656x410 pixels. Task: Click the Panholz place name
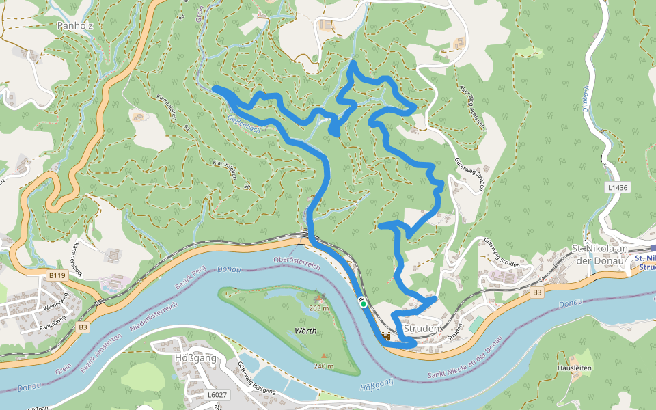[x=75, y=25]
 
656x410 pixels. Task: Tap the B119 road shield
[x=57, y=275]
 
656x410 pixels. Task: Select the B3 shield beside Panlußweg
[x=83, y=327]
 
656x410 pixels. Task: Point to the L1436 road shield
[x=617, y=187]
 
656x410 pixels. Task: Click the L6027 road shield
[x=216, y=395]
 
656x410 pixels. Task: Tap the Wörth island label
[x=305, y=331]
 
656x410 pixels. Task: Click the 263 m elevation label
[x=320, y=308]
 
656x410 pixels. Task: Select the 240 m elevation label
[x=323, y=366]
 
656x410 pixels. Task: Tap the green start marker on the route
[x=364, y=304]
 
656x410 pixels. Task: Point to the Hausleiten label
[x=573, y=367]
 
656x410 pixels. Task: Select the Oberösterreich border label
[x=297, y=261]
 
